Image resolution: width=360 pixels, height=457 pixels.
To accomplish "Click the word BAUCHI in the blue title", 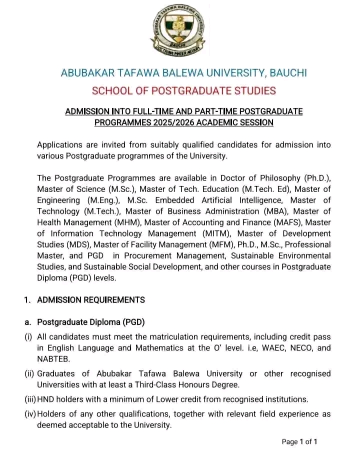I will [x=288, y=73].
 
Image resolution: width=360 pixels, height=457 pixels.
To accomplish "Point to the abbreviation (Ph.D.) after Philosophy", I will [x=318, y=178].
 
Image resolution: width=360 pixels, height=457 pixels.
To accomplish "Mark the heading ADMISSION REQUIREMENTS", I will [x=91, y=300].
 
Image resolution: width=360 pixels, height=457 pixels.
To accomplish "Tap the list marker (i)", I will [x=28, y=337].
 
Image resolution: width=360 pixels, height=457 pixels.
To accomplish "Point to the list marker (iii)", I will [x=30, y=399].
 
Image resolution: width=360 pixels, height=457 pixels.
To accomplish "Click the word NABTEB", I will [x=52, y=358].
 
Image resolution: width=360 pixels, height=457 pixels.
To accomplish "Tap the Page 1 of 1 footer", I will [x=299, y=441].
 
